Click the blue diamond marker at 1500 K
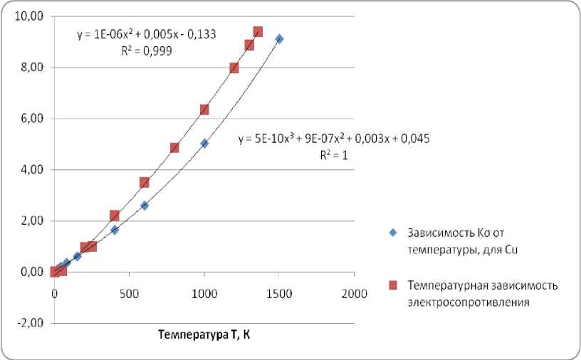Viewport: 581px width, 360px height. (x=279, y=39)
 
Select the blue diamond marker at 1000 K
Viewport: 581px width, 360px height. (x=204, y=143)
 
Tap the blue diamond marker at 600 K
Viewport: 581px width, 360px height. (x=145, y=206)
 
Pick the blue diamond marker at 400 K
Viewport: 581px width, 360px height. (x=115, y=230)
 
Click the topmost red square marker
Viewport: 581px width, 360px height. (x=258, y=31)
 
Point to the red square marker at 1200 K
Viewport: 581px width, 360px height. (x=234, y=68)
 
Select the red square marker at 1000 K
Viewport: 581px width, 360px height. (x=204, y=110)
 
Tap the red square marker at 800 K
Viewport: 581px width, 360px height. (x=174, y=148)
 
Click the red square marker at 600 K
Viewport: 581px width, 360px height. (x=145, y=182)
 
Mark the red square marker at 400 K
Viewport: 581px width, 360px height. (x=115, y=216)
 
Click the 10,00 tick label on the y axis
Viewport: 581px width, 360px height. (x=33, y=16)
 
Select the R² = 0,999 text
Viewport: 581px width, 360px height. (x=147, y=51)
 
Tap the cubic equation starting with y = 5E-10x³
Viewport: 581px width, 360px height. (x=333, y=139)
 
